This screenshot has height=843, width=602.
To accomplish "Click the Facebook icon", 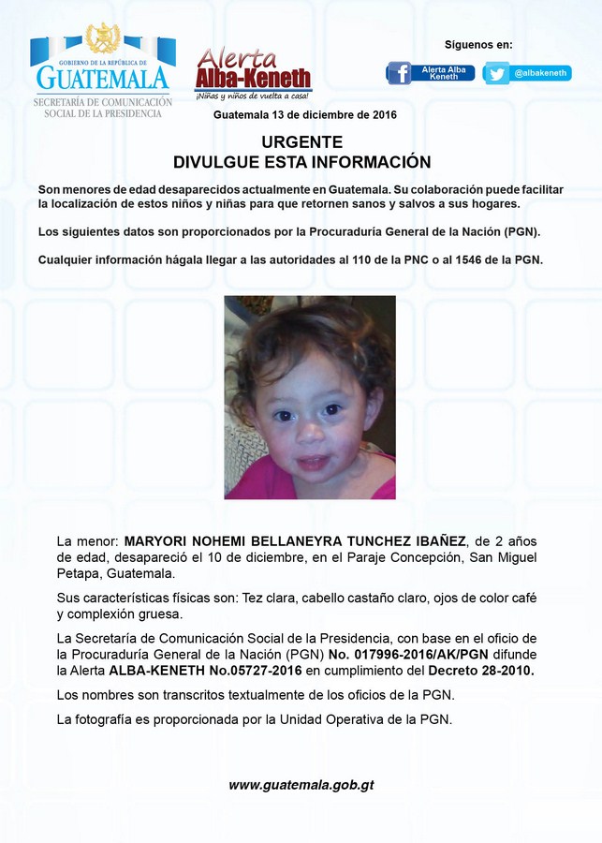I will pyautogui.click(x=399, y=73).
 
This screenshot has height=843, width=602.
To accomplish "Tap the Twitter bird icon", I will pyautogui.click(x=496, y=73).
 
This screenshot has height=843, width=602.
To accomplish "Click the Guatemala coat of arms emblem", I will pyautogui.click(x=102, y=38).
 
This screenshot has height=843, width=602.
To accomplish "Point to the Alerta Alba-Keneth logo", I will pyautogui.click(x=253, y=73).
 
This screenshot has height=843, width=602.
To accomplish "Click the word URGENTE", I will pyautogui.click(x=301, y=142).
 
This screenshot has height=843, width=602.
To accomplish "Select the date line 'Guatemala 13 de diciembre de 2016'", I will pyautogui.click(x=305, y=115).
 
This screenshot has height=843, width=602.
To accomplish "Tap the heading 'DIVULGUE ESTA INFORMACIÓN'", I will pyautogui.click(x=301, y=162).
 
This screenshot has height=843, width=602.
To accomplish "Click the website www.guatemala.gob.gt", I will pyautogui.click(x=301, y=785).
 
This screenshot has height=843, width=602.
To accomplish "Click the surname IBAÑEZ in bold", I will pyautogui.click(x=437, y=541).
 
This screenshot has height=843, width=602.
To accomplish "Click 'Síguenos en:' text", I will pyautogui.click(x=478, y=44).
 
